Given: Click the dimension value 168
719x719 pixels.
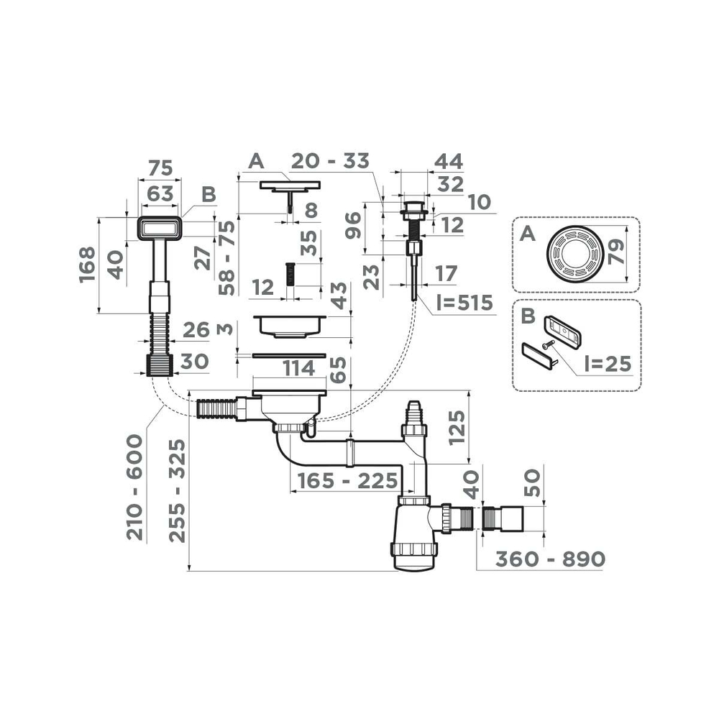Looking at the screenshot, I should pos(87,265).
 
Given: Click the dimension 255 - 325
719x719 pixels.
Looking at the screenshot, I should pos(177,490).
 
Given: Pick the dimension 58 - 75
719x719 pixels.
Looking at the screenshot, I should pos(227,257).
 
